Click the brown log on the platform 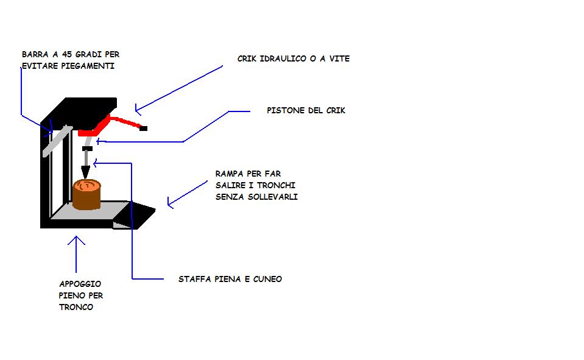coord(86,194)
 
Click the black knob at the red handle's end coord(144,129)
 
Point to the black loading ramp coord(138,214)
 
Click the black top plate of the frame coord(85,110)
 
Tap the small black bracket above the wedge coord(87,148)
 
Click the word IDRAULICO coord(284,59)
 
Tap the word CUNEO coord(269,279)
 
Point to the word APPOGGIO coord(80,284)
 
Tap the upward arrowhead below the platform coord(76,241)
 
